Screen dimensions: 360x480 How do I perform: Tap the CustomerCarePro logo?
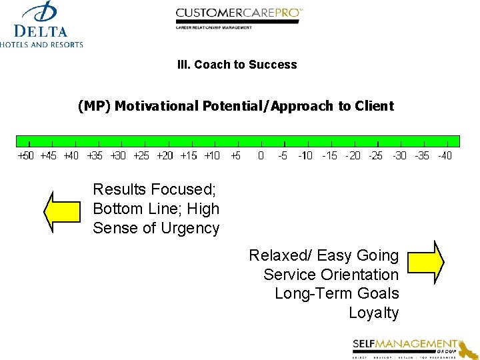pyautogui.click(x=239, y=17)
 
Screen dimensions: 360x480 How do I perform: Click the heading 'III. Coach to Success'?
pyautogui.click(x=237, y=65)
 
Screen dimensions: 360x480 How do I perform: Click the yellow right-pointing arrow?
pyautogui.click(x=425, y=261)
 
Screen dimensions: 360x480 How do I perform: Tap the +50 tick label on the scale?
pyautogui.click(x=25, y=156)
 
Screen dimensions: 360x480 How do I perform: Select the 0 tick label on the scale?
pyautogui.click(x=261, y=156)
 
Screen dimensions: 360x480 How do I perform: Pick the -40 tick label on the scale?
pyautogui.click(x=444, y=156)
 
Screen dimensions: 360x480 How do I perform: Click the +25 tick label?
pyautogui.click(x=141, y=156)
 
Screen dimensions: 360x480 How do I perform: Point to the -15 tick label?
pyautogui.click(x=329, y=156)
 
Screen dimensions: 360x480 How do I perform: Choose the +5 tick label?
pyautogui.click(x=236, y=156)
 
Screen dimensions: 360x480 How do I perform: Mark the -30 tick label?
pyautogui.click(x=399, y=156)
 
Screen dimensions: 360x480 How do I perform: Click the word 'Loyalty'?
pyautogui.click(x=373, y=313)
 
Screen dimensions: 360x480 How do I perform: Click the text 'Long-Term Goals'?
pyautogui.click(x=337, y=293)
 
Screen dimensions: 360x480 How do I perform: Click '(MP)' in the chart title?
pyautogui.click(x=95, y=106)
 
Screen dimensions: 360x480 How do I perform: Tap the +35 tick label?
pyautogui.click(x=95, y=156)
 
